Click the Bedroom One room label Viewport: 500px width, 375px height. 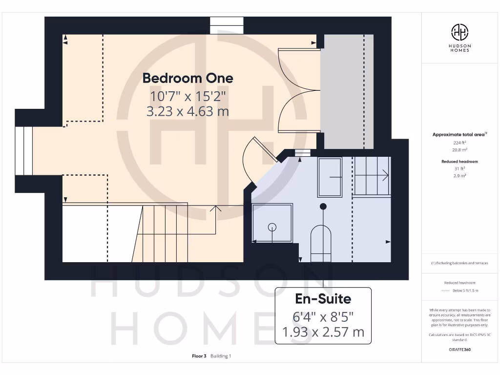[187, 78]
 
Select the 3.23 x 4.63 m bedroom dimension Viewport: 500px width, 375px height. [187, 111]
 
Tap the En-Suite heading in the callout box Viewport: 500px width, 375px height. [323, 298]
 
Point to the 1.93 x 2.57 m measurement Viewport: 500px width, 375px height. [323, 332]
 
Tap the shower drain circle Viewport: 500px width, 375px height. [272, 227]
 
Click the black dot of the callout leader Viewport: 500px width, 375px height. [323, 207]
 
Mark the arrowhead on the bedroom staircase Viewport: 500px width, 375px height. [215, 208]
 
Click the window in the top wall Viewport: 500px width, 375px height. [227, 25]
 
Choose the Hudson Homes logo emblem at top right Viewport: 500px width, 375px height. [459, 32]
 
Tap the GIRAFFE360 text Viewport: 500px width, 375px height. [459, 350]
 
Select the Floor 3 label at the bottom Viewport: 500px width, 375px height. [200, 356]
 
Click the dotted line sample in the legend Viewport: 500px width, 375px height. [445, 291]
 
